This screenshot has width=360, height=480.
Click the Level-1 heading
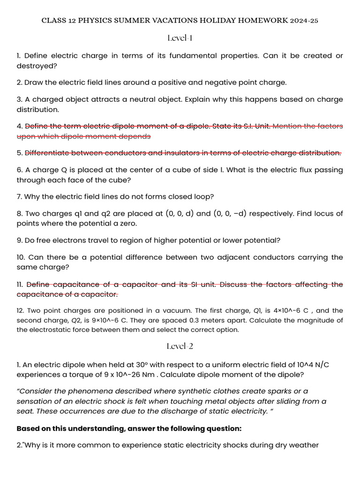point(180,37)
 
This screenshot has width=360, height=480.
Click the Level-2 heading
point(180,346)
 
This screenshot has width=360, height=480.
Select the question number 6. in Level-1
point(19,170)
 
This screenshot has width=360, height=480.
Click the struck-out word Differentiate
point(47,153)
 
